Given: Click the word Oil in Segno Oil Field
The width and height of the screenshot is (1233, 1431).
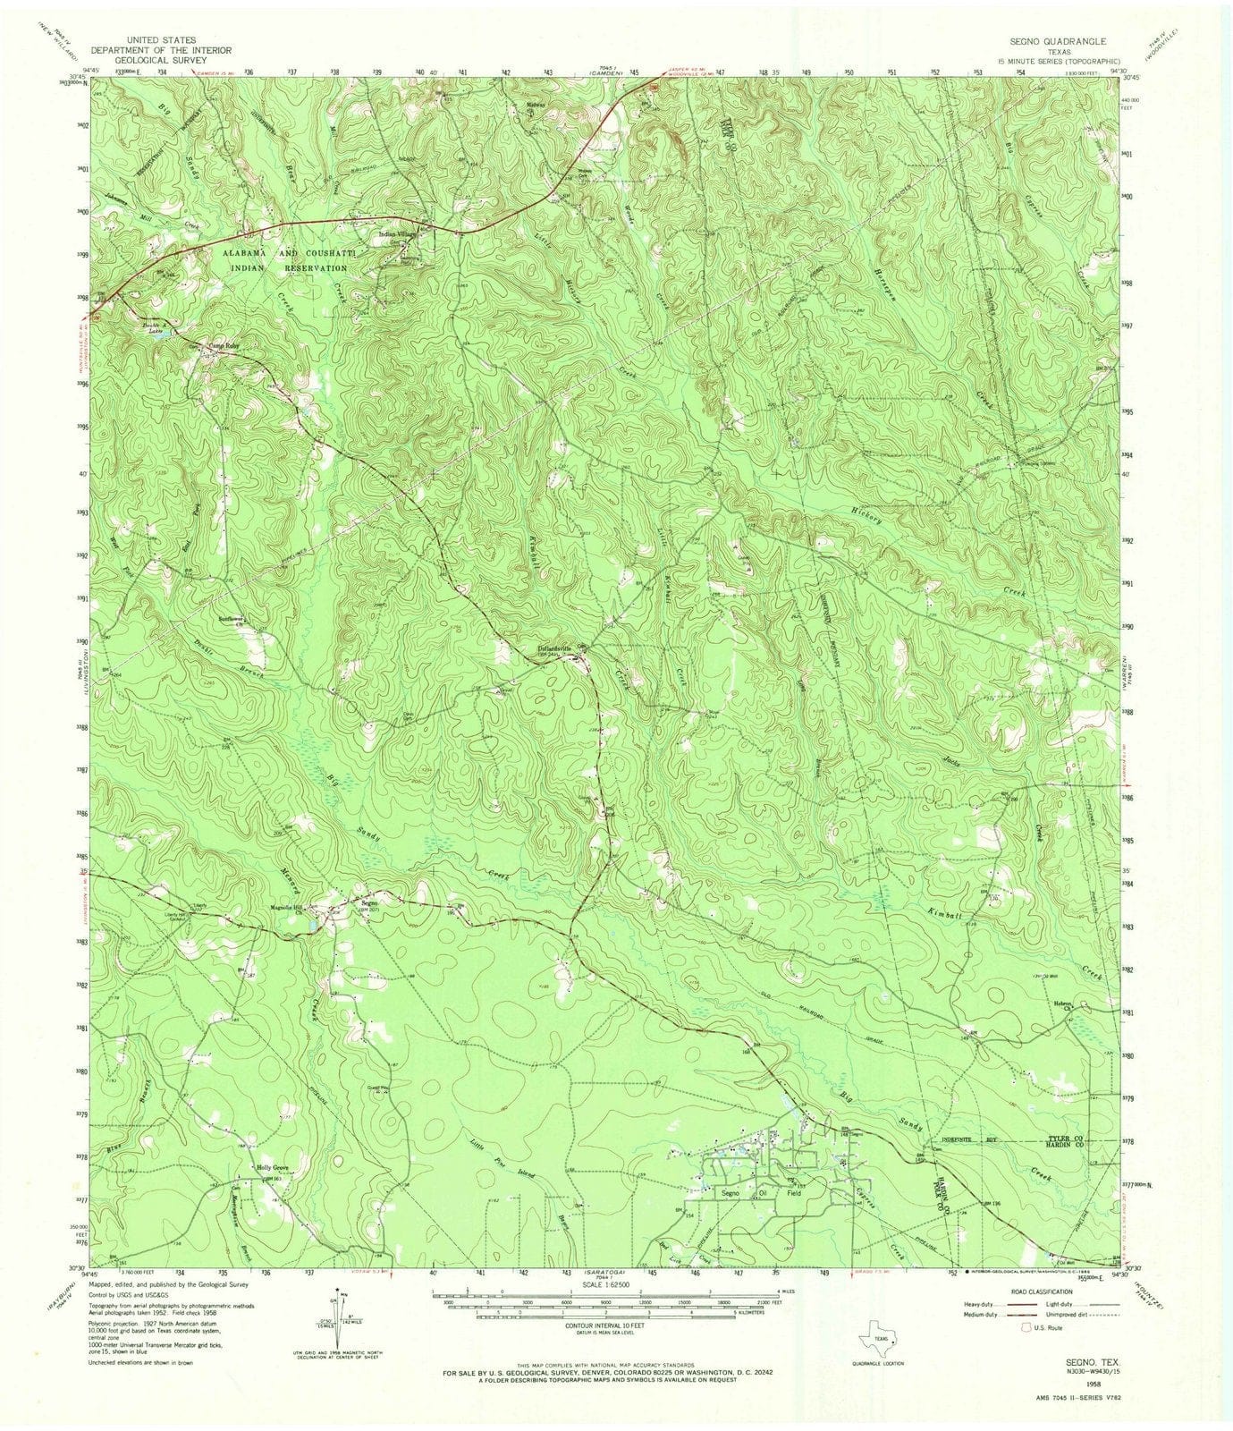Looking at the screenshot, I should click(x=763, y=1193).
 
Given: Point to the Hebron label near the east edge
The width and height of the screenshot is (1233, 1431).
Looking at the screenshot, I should click(x=1061, y=1003).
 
